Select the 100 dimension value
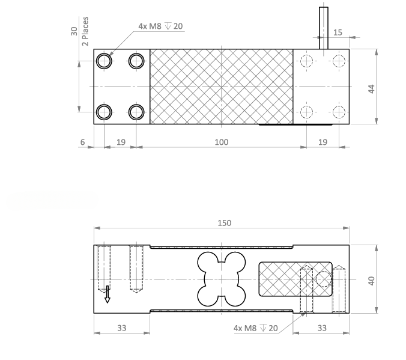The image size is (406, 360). [x=222, y=142]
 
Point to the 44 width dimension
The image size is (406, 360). [x=371, y=87]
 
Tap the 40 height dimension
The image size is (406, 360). [x=371, y=280]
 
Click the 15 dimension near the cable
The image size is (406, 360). [x=338, y=32]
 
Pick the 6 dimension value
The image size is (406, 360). [x=83, y=142]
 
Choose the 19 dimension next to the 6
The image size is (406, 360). [x=120, y=142]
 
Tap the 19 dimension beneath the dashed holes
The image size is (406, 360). [x=323, y=142]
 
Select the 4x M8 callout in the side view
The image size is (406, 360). [x=255, y=328]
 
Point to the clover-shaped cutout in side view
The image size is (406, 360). [x=221, y=279]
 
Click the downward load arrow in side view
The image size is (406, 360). [x=108, y=294]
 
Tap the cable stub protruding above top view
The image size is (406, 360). [x=324, y=26]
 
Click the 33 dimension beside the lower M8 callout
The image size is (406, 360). [x=322, y=328]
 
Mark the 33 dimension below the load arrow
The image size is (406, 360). [x=121, y=328]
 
